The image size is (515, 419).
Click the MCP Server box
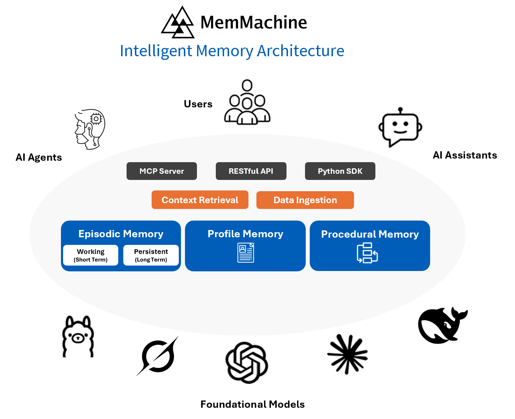click(162, 171)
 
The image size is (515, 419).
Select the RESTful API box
click(251, 171)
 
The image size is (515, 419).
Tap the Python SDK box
click(340, 171)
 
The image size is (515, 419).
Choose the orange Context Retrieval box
click(200, 200)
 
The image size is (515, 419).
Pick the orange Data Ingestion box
click(305, 200)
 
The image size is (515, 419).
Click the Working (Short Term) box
click(91, 255)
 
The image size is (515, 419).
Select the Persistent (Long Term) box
click(151, 255)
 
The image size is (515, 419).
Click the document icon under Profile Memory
click(246, 253)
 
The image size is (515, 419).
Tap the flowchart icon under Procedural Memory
click(367, 253)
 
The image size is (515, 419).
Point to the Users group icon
click(247, 103)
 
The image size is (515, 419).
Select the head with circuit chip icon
click(90, 129)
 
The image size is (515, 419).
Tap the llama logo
click(78, 337)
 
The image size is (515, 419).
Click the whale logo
click(442, 325)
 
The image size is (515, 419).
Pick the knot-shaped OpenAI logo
click(247, 362)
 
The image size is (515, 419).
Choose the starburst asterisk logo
click(347, 354)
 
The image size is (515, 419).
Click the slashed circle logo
click(158, 356)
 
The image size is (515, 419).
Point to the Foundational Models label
click(252, 404)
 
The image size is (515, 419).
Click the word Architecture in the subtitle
click(300, 51)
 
